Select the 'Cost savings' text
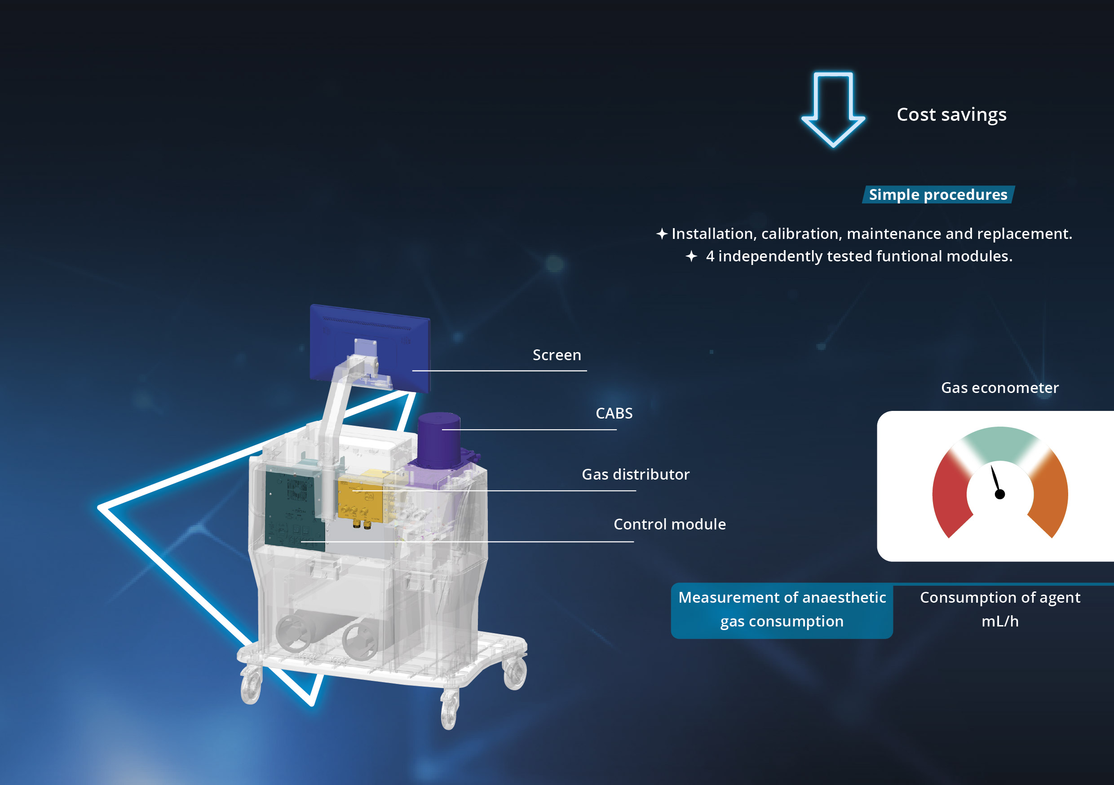(x=951, y=115)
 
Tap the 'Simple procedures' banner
(x=938, y=194)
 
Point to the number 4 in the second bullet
(x=710, y=256)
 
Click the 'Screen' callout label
(x=557, y=355)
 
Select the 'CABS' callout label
(x=614, y=413)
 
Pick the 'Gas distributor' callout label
(x=636, y=475)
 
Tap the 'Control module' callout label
(x=670, y=524)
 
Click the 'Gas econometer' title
(x=999, y=388)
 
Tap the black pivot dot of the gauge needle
(x=999, y=494)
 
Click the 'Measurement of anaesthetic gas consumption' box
(x=782, y=610)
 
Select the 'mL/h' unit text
(x=1000, y=622)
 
